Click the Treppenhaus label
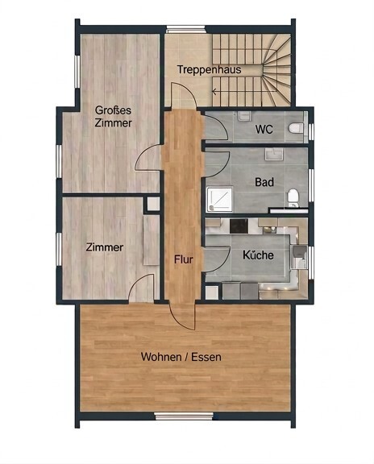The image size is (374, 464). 210,70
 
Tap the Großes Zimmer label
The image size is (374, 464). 114,116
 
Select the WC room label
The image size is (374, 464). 264,130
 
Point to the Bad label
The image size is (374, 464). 264,182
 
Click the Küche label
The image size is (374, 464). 258,255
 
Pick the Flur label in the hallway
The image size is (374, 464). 184,259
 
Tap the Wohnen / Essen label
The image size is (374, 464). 181,357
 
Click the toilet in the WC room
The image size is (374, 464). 296,128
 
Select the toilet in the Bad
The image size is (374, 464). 293,197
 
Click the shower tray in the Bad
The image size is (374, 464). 219,199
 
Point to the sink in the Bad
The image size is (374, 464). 274,154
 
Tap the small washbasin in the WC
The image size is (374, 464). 244,116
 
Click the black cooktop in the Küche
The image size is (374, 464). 239,226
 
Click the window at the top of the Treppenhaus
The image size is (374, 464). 185,29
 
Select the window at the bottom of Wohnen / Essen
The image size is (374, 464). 184,416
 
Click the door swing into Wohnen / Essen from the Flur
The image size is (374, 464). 182,317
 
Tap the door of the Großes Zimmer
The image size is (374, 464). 148,159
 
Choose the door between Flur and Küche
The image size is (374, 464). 217,259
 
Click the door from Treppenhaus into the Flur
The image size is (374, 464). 183,96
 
